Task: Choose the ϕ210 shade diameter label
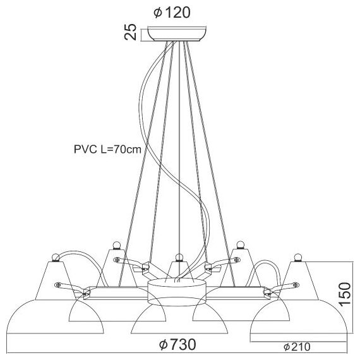pyautogui.click(x=296, y=347)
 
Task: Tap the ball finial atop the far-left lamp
pyautogui.click(x=56, y=256)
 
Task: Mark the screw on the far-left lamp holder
pyautogui.click(x=59, y=284)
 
